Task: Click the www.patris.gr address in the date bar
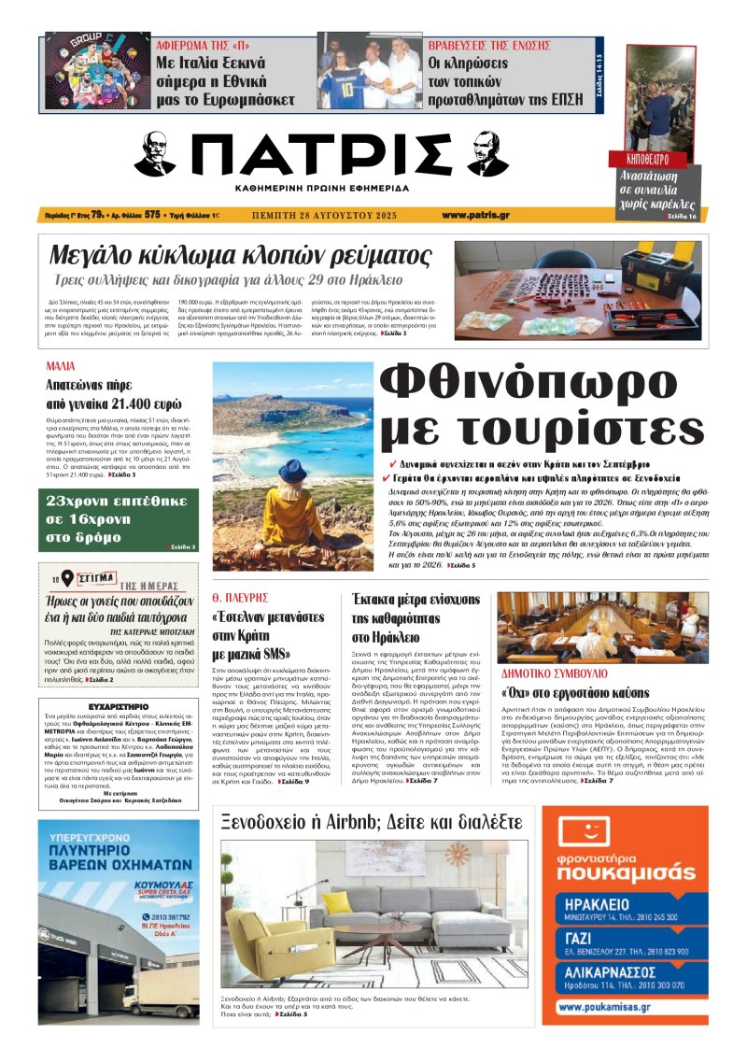pyautogui.click(x=475, y=216)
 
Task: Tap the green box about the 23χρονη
pyautogui.click(x=119, y=520)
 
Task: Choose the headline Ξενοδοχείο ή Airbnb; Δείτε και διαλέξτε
pyautogui.click(x=371, y=822)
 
